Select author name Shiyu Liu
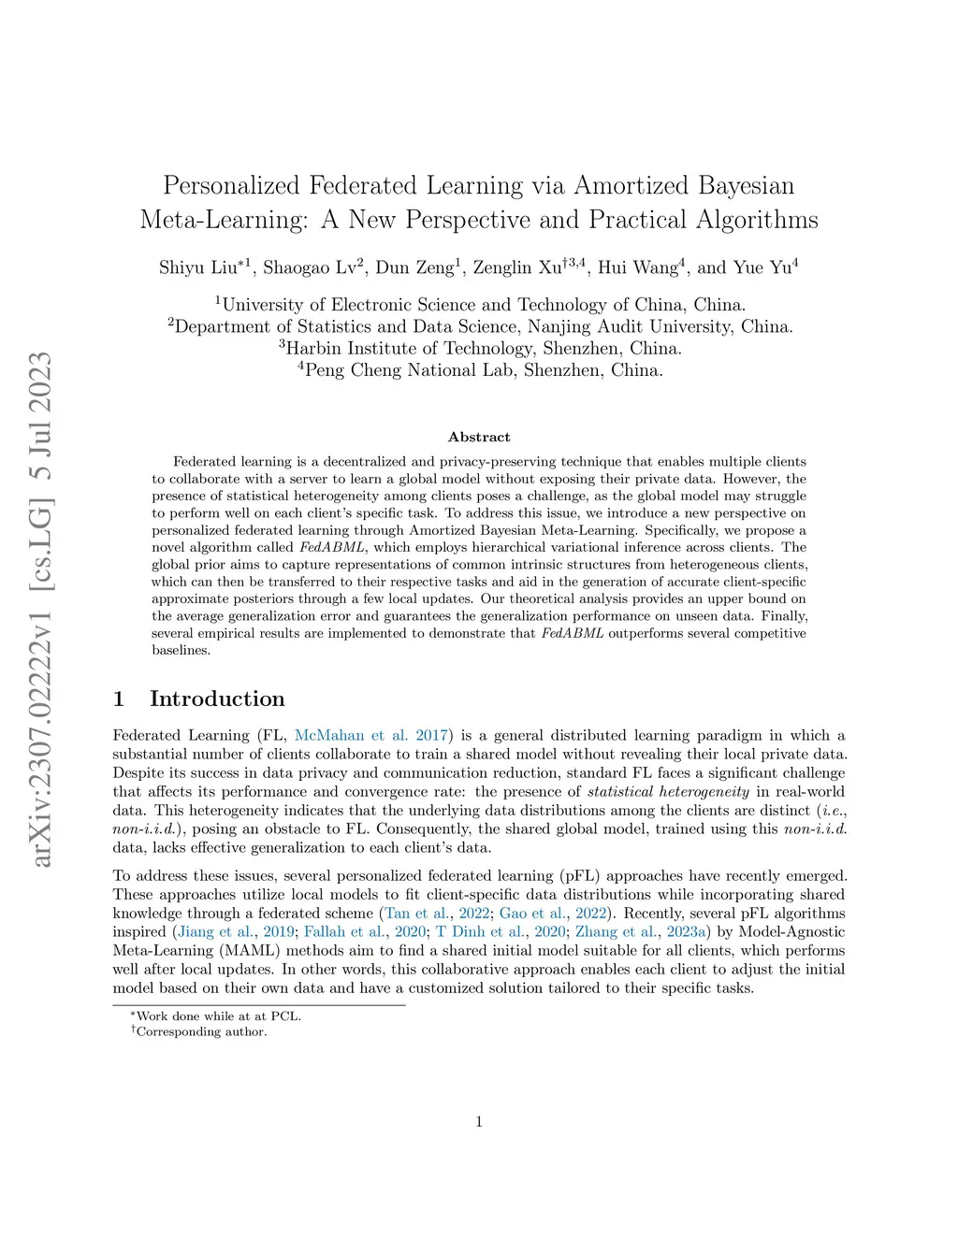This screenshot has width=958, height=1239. (198, 267)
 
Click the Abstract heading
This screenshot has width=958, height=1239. (479, 437)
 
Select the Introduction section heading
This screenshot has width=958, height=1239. (217, 699)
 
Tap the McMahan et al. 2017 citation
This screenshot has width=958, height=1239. (372, 735)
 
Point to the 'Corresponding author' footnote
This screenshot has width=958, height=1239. (201, 1031)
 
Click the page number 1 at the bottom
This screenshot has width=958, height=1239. (479, 1121)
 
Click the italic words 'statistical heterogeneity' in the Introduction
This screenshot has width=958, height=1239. (668, 791)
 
